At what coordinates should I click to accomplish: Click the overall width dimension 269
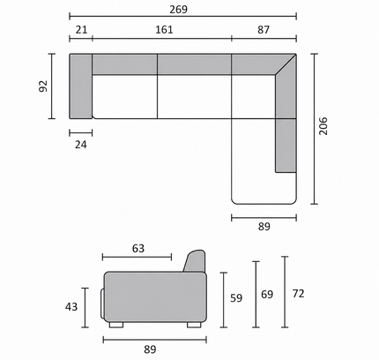178,10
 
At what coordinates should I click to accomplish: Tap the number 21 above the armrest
81,30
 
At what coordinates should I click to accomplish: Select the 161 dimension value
164,30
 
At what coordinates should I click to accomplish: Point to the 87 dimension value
264,30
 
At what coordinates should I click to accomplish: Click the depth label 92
43,86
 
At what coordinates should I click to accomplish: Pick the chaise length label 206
323,126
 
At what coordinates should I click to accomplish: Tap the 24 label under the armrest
81,145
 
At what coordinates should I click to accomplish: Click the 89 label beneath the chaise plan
264,227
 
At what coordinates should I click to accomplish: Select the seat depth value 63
138,249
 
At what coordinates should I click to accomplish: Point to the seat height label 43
71,307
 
